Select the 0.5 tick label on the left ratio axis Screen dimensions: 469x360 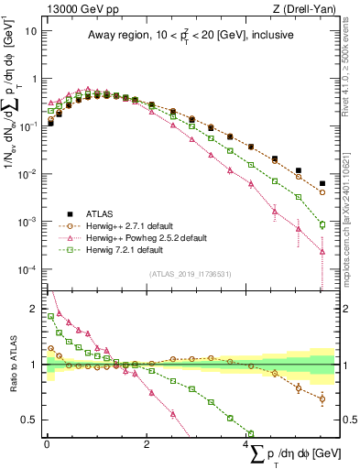29,420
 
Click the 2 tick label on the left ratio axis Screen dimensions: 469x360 33,310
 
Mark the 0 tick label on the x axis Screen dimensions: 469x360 47,442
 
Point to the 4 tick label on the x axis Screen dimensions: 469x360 247,442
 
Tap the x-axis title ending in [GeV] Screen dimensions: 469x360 293,454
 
